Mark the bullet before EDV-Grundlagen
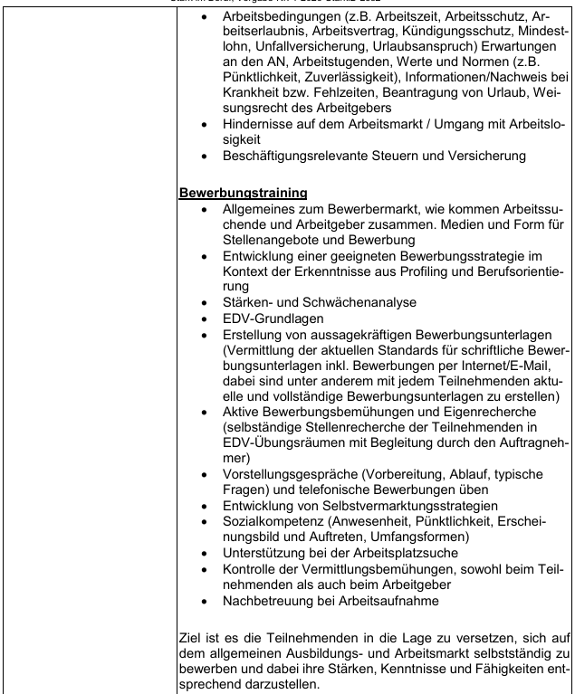210,308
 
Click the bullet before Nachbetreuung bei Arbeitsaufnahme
210,602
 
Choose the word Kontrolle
255,569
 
